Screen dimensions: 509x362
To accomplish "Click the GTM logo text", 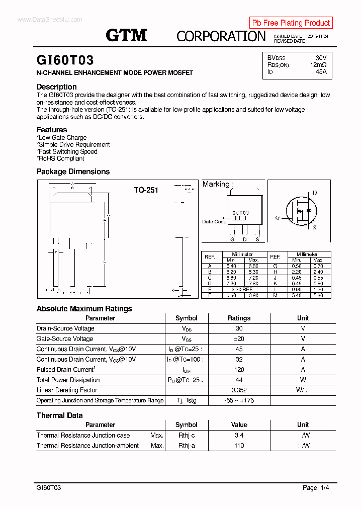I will coord(126,35).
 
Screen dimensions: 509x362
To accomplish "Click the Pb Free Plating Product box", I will coord(291,23).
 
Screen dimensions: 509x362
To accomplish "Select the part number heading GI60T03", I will coord(65,60).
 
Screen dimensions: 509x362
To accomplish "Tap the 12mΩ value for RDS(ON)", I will coord(318,65).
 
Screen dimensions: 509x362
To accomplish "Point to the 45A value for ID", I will coord(321,72).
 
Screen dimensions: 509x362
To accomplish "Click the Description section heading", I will coord(57,87).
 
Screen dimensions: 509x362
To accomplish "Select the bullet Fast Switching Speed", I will coord(67,151).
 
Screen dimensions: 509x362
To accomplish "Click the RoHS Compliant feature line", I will coord(61,158).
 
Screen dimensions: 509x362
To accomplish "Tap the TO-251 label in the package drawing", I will coord(146,190).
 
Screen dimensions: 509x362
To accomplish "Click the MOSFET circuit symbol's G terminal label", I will coord(277,218).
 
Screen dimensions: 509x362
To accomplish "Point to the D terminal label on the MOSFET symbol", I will coord(315,193).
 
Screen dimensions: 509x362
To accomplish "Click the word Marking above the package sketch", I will coord(216,184).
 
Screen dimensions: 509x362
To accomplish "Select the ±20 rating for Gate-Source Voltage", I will coord(239,339).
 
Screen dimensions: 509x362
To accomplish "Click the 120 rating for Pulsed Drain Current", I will coord(239,370).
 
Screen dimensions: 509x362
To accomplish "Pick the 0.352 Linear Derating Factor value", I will coord(239,390).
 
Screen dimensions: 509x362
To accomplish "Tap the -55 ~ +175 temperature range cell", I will coord(239,401).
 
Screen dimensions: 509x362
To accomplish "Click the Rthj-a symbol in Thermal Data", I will coord(186,446).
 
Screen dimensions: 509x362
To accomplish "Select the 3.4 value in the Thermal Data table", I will coord(239,436).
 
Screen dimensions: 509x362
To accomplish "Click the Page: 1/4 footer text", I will coord(316,488).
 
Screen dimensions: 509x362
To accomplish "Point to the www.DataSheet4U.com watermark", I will coord(49,20).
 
